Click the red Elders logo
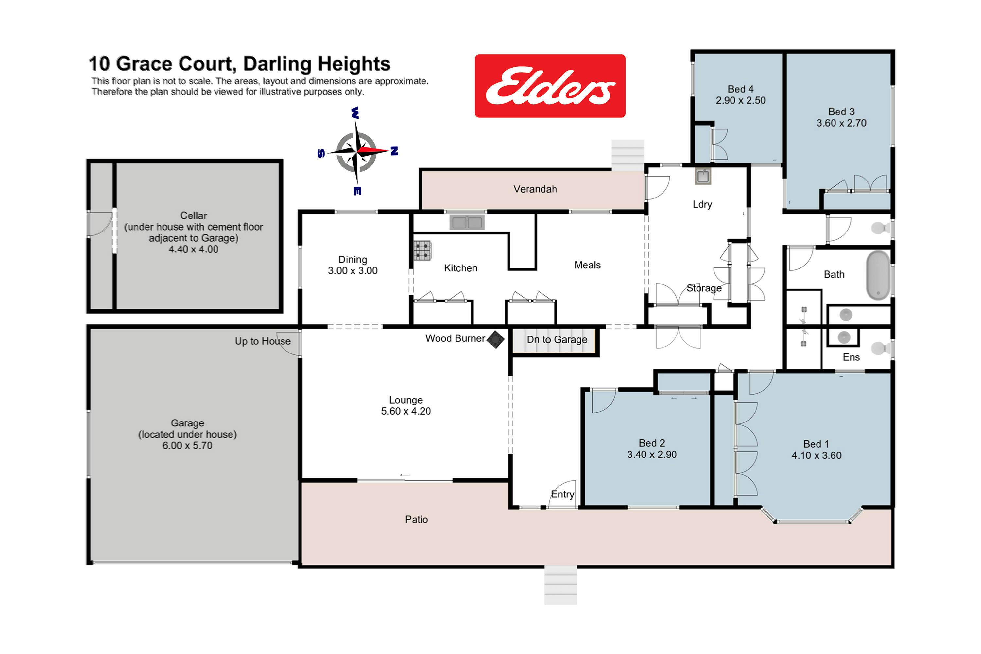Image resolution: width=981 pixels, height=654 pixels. [550, 86]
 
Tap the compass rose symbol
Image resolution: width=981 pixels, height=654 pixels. [357, 151]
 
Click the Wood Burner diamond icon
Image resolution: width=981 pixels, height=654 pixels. [495, 339]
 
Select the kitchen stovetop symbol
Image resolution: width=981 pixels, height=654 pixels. [422, 251]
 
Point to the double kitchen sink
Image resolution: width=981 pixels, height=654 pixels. [467, 222]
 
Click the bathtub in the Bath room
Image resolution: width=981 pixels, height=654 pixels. [878, 275]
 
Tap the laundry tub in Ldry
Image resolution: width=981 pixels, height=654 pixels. [703, 176]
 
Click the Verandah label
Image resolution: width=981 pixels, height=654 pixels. [535, 189]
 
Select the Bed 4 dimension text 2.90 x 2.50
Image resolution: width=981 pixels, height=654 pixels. [741, 100]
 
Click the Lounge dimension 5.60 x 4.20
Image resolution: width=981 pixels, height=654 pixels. [406, 411]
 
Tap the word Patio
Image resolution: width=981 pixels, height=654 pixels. [416, 519]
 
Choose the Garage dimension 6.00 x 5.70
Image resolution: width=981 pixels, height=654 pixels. [187, 445]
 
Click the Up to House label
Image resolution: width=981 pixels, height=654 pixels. [263, 341]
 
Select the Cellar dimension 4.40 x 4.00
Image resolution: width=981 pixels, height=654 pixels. [194, 250]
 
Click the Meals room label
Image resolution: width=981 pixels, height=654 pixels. [587, 265]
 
